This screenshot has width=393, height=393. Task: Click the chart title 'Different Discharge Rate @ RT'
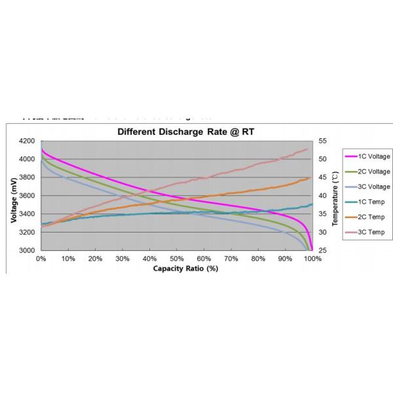[x=185, y=132]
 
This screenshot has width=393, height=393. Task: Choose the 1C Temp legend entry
[x=367, y=202]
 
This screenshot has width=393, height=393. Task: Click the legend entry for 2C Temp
[x=367, y=217]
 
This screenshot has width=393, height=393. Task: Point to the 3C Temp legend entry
[x=367, y=233]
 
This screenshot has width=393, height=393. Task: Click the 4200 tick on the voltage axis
[x=28, y=141]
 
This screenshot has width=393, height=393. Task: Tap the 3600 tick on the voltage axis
[x=28, y=196]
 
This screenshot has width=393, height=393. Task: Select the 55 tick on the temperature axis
[x=322, y=141]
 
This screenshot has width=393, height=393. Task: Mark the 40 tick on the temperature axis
[x=322, y=196]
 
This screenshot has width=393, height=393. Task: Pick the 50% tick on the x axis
[x=177, y=259]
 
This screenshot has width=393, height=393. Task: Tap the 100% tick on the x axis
[x=312, y=259]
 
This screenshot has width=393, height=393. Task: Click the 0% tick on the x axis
[x=41, y=259]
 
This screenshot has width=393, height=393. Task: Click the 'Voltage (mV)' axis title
[x=14, y=196]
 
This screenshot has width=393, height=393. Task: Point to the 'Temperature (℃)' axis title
[x=335, y=196]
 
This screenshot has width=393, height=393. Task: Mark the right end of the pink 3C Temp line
[x=307, y=149]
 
